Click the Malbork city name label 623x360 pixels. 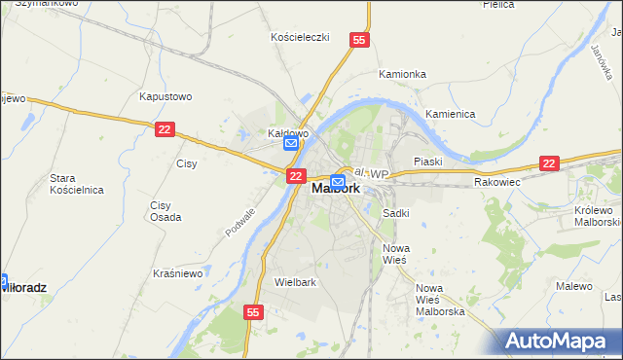click(336, 190)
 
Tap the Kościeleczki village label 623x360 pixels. click(300, 37)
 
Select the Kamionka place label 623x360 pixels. click(402, 74)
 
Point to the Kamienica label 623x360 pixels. click(450, 114)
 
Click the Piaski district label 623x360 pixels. click(427, 162)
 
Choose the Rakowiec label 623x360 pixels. click(497, 182)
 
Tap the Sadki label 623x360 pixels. click(395, 212)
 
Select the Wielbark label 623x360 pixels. click(296, 282)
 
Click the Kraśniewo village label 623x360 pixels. click(177, 274)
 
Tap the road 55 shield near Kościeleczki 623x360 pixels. click(359, 40)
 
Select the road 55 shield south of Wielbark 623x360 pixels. click(253, 312)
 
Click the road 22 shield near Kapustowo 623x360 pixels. click(165, 129)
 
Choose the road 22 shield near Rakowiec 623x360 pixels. click(550, 164)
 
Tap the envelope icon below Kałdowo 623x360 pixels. click(291, 144)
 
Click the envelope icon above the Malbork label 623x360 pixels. click(338, 181)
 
